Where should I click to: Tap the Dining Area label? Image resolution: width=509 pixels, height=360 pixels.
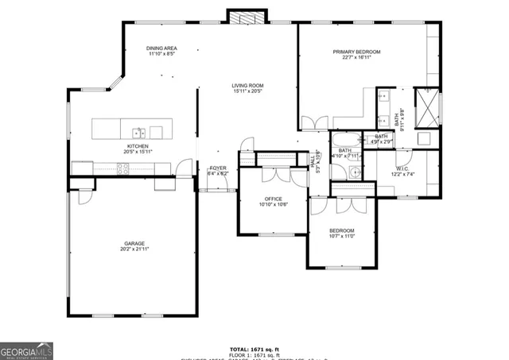(161, 49)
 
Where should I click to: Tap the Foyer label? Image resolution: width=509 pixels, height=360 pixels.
(218, 168)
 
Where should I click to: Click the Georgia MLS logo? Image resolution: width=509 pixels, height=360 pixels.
(26, 350)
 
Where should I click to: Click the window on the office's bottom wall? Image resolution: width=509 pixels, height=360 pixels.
(274, 234)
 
